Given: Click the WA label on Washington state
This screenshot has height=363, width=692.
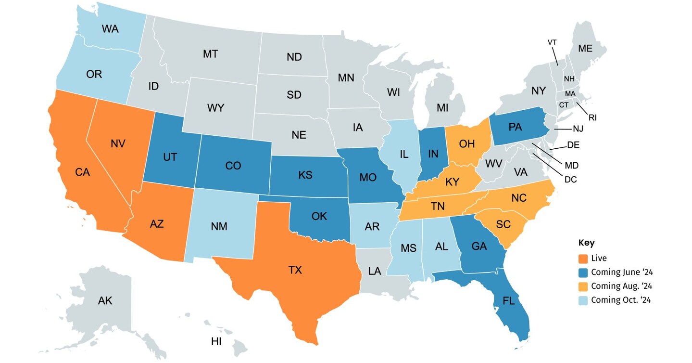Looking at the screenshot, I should [x=110, y=28].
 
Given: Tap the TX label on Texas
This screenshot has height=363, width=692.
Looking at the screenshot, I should [x=295, y=270].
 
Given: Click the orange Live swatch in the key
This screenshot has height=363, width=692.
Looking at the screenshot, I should [x=583, y=259].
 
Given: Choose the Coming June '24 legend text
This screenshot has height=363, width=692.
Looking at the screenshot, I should [x=621, y=272].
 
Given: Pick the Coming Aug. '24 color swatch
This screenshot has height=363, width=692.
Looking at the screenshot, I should [x=583, y=286].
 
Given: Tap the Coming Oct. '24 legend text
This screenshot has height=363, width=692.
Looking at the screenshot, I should [x=621, y=300].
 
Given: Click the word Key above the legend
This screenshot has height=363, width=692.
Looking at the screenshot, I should [x=586, y=243].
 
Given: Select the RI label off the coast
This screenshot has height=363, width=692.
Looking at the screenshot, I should [x=592, y=117].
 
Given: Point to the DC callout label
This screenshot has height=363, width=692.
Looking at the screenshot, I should [x=571, y=179].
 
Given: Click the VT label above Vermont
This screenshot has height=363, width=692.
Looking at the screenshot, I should [x=552, y=42].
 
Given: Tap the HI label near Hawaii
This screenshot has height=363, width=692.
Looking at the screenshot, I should [x=216, y=342].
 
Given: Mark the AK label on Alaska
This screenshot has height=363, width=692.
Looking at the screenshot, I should [x=105, y=301].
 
